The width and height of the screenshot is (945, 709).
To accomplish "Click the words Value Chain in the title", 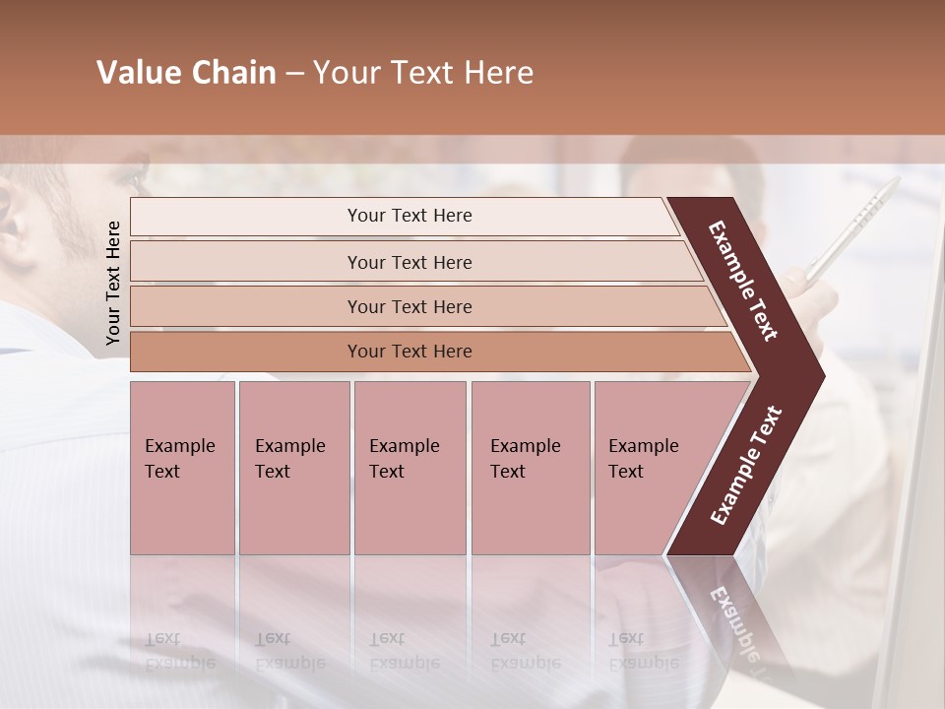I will [186, 73].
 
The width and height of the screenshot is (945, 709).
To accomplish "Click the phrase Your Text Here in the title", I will [423, 73].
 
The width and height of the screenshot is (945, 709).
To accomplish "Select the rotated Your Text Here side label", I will [113, 283].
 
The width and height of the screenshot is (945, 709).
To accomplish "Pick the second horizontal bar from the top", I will [409, 262].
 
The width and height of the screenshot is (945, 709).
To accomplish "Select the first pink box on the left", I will [182, 468].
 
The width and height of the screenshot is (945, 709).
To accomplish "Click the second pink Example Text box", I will [293, 468].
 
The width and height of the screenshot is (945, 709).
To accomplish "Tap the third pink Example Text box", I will [409, 468].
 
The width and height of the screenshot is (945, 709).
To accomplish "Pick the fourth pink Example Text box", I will [530, 468].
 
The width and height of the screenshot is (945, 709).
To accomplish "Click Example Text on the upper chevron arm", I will [743, 281].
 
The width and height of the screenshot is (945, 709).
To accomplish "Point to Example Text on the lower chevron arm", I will [745, 466].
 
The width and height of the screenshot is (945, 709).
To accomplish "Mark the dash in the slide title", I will [294, 74].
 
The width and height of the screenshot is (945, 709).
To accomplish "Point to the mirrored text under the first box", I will [179, 651].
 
